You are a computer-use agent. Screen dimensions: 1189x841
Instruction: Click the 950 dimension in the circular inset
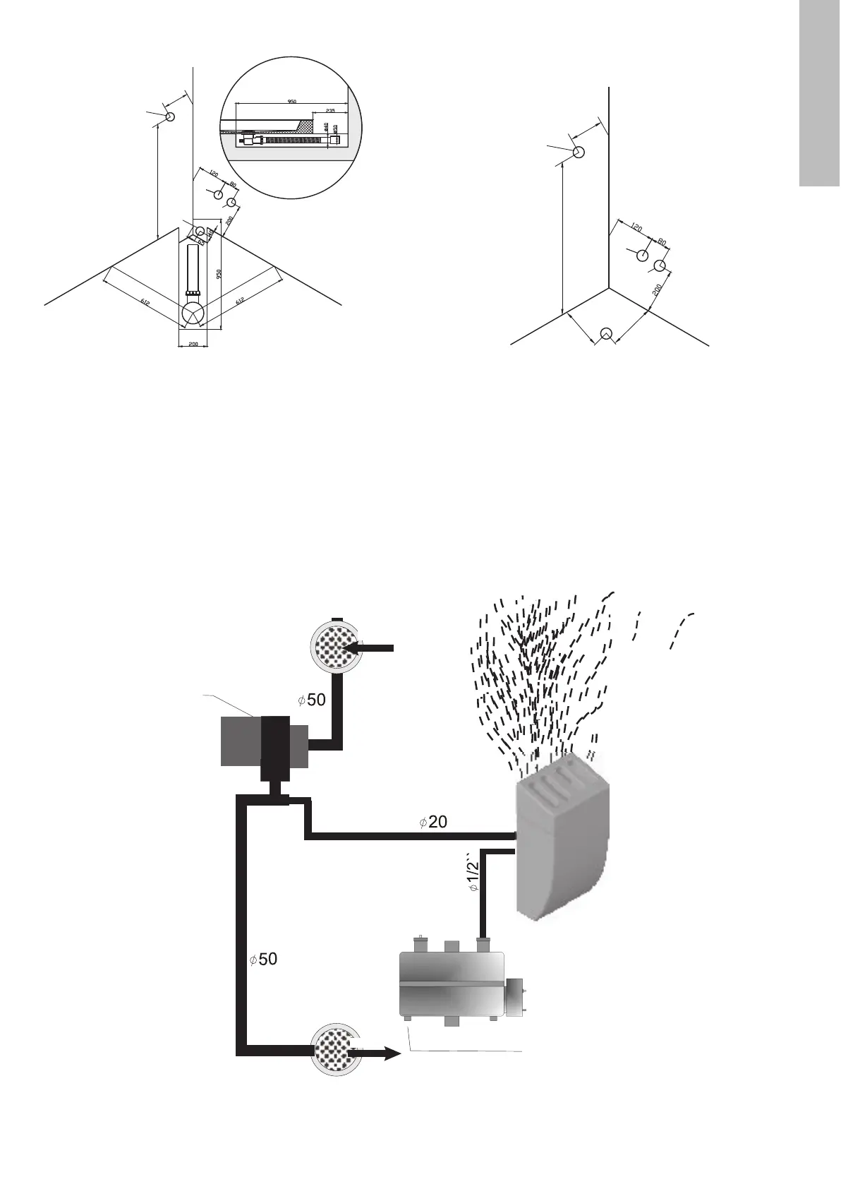tap(292, 102)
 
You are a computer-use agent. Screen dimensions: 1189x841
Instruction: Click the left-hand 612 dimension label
tap(145, 303)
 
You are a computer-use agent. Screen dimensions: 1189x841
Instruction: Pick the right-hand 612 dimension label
tap(241, 301)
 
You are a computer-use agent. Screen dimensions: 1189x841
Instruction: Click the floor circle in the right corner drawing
tap(605, 334)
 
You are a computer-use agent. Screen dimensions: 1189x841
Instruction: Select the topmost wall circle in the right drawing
tap(579, 152)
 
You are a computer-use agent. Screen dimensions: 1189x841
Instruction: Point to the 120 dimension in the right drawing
tap(636, 228)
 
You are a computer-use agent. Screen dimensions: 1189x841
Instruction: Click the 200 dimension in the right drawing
tap(657, 289)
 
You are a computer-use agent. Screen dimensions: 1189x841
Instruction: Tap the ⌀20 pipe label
tap(432, 822)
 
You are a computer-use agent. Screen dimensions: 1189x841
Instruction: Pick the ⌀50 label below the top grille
tap(311, 700)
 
